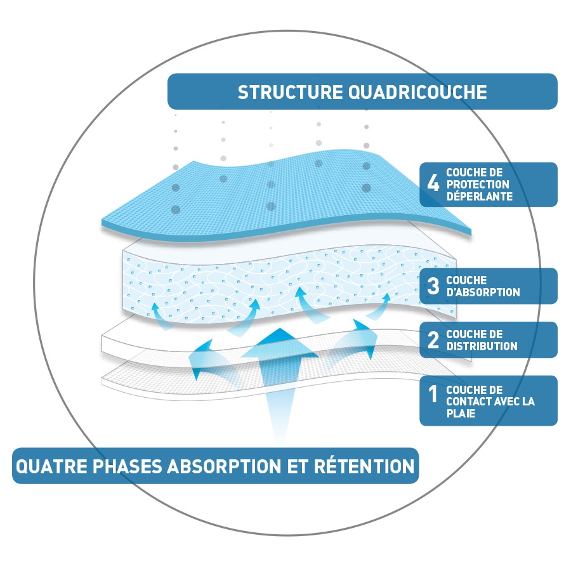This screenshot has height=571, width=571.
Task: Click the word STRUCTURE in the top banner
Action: pyautogui.click(x=291, y=92)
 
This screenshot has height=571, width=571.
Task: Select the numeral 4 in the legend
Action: pyautogui.click(x=433, y=184)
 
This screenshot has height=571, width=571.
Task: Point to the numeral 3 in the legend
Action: pyautogui.click(x=433, y=286)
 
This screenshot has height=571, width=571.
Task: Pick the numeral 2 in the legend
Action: pyautogui.click(x=433, y=340)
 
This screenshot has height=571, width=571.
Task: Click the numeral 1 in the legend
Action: pyautogui.click(x=433, y=395)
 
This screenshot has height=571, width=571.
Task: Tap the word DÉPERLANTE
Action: pyautogui.click(x=479, y=197)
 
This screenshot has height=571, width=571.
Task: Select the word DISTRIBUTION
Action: pyautogui.click(x=482, y=346)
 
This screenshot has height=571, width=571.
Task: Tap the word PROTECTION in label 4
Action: pyautogui.click(x=478, y=184)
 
